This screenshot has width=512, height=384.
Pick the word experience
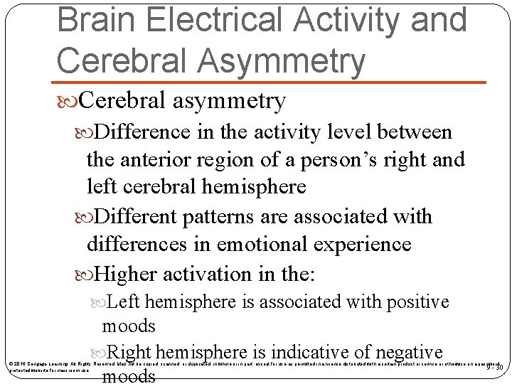[x=365, y=244]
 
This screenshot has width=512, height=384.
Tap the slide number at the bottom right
[x=494, y=368]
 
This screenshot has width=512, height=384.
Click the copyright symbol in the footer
[x=10, y=364]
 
